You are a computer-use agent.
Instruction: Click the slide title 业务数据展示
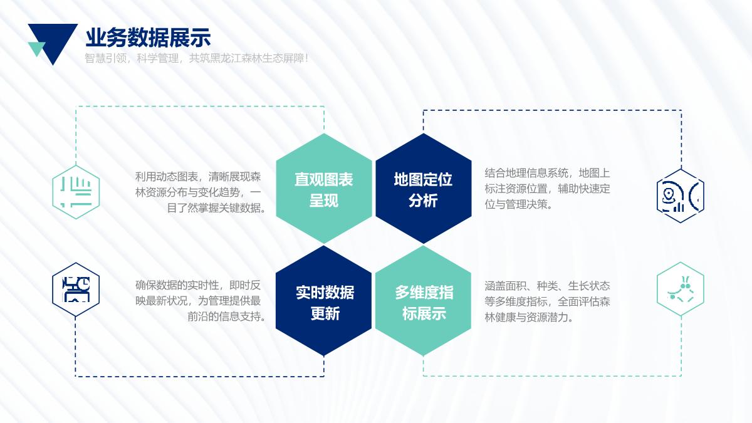tap(148, 38)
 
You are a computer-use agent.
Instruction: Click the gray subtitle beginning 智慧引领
tap(196, 58)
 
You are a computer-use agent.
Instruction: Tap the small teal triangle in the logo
tap(36, 48)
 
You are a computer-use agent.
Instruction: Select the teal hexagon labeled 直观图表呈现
tap(324, 189)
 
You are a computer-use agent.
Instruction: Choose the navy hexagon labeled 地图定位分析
tap(424, 189)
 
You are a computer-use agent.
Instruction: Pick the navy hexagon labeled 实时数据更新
tap(323, 301)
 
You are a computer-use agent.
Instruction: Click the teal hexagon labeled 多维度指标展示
tap(424, 301)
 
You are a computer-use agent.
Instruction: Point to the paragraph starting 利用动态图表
tap(201, 192)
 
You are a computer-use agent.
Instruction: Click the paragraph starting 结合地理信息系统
tap(547, 189)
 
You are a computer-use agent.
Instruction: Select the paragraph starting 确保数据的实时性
tap(201, 301)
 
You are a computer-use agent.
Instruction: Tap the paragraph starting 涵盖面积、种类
tap(547, 301)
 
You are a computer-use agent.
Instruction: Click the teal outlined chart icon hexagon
tap(76, 192)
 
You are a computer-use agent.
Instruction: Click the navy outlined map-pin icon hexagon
tap(681, 196)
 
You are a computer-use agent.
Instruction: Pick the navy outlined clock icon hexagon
tap(76, 290)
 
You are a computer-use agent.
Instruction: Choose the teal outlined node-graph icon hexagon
tap(681, 289)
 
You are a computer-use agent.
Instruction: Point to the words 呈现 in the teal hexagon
tap(323, 201)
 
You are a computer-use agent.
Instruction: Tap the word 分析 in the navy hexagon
tap(424, 201)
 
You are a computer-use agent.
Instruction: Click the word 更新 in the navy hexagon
tap(325, 313)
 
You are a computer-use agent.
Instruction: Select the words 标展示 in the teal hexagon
tap(424, 313)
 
